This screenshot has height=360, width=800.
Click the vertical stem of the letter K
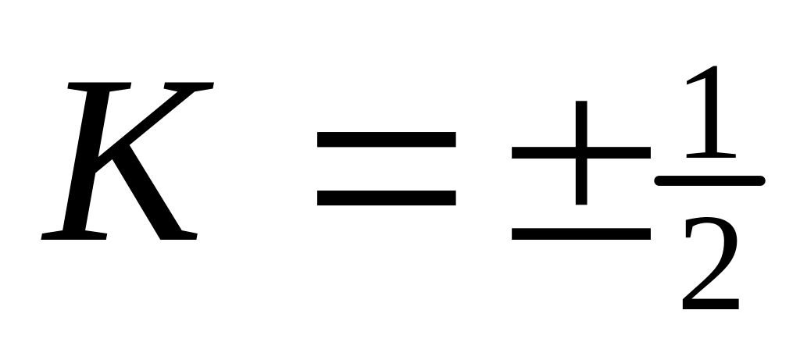coord(86,161)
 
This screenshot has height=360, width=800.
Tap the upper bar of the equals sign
coord(386,139)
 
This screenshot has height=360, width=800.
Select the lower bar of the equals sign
coord(386,198)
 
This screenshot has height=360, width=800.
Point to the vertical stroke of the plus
coord(581,152)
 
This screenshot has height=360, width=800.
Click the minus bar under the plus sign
coord(581,233)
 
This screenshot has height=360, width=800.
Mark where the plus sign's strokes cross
coord(581,152)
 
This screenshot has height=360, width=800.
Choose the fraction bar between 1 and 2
coord(709,180)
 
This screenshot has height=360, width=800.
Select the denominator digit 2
coord(710,262)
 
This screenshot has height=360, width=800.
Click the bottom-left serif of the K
coord(74,236)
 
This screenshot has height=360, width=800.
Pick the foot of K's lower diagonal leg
coord(179,235)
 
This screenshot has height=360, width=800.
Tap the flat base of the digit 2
coord(711,304)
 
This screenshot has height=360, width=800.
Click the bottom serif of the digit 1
coord(711,155)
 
